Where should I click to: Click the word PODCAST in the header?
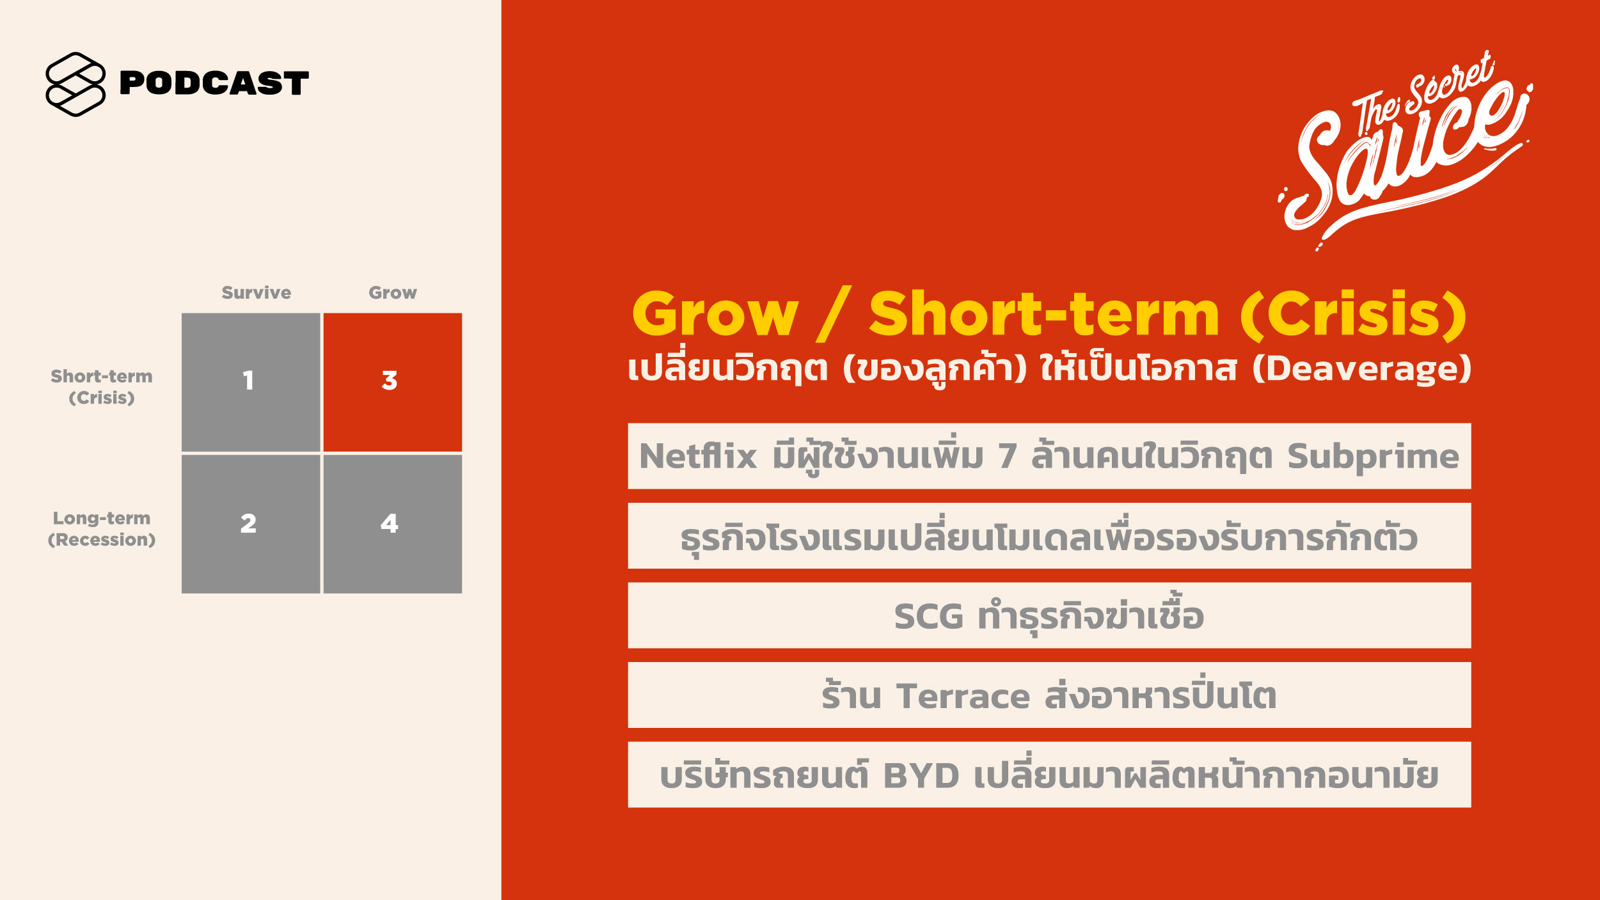click(214, 83)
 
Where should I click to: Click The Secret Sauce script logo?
click(1405, 150)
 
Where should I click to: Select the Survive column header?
click(256, 292)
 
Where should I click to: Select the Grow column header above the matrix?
click(392, 292)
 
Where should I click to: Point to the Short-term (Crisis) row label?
click(102, 387)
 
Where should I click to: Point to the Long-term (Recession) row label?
click(102, 529)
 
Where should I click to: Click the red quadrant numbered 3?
click(393, 382)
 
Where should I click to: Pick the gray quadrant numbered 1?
click(251, 382)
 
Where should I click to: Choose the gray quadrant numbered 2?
click(251, 524)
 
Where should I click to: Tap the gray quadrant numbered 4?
click(393, 524)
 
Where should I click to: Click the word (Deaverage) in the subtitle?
click(1362, 368)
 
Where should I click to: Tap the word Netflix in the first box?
click(698, 456)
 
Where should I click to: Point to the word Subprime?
click(1373, 457)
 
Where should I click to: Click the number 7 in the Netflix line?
click(1008, 456)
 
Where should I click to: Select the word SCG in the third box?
click(928, 616)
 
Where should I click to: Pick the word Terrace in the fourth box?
click(963, 696)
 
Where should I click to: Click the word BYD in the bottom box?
click(921, 776)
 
